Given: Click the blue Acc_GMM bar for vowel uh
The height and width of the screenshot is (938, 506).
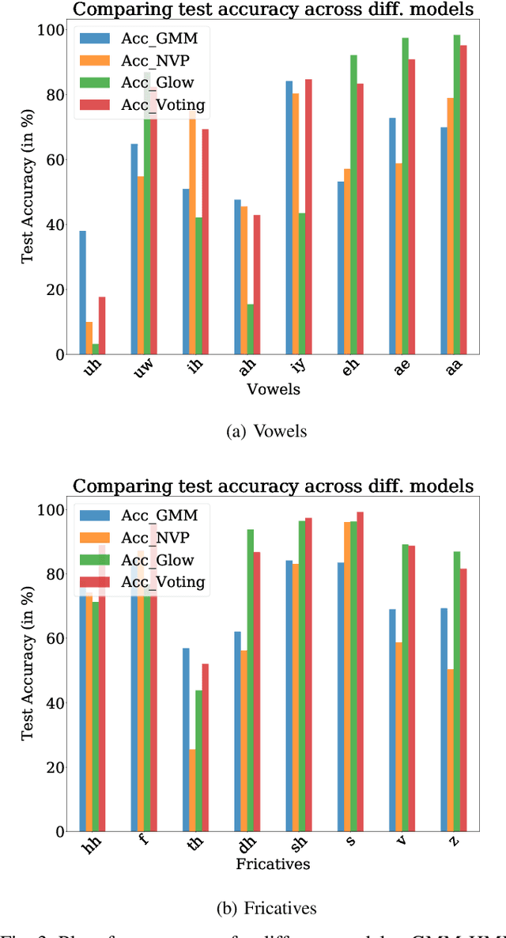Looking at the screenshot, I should coord(82,293).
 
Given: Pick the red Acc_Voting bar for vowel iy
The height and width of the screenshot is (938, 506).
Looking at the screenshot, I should coord(308,217).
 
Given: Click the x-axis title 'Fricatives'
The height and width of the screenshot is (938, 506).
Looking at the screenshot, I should coord(273,864).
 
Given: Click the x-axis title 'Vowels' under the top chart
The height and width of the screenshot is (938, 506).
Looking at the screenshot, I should coord(273,388).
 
